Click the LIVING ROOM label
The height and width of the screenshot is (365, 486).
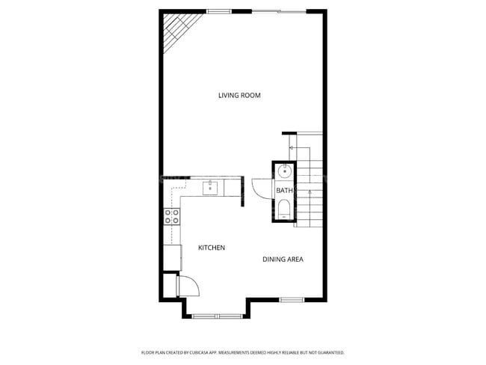[239, 95]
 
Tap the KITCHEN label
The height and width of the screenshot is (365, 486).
[211, 248]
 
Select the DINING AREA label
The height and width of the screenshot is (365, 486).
[282, 260]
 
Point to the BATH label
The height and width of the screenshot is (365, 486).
[284, 191]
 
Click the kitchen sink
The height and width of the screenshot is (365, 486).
[212, 186]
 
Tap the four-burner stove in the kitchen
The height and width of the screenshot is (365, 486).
[172, 217]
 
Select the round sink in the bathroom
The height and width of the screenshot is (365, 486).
[284, 172]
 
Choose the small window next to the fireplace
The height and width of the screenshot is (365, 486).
[218, 10]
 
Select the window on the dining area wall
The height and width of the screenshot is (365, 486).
[292, 300]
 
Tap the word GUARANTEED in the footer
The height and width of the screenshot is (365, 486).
[329, 352]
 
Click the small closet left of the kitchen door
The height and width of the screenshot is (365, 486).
[170, 285]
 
